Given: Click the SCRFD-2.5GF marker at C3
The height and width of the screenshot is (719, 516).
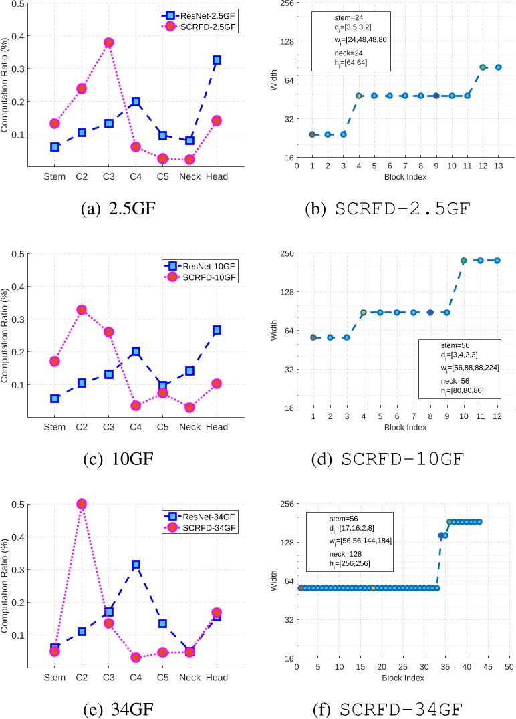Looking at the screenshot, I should point(108,43).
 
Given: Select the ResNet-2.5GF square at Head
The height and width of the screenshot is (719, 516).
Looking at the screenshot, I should point(217,60).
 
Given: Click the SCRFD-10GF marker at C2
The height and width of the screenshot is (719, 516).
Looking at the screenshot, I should point(81,310).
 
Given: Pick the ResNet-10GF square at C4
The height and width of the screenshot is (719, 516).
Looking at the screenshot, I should point(136,351).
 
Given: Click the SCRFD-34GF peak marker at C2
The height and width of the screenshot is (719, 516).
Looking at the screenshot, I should point(81,504).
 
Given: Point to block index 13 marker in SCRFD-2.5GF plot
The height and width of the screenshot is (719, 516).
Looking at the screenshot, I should point(498,67).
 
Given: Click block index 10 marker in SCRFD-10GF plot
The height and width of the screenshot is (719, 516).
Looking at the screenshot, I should point(463,261).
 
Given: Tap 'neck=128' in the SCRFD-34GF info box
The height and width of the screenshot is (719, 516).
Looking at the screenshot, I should point(328,555).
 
